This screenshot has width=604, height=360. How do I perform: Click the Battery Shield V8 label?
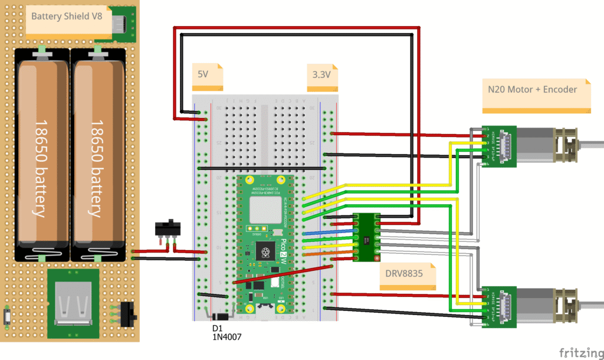pos(67,17)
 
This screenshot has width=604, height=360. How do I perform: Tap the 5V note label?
pos(203,74)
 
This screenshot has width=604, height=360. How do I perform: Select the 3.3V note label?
pos(322,75)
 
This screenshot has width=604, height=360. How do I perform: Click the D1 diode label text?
pos(216,328)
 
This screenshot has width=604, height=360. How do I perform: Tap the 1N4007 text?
pos(226,337)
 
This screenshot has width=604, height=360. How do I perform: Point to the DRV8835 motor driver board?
pos(366,237)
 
